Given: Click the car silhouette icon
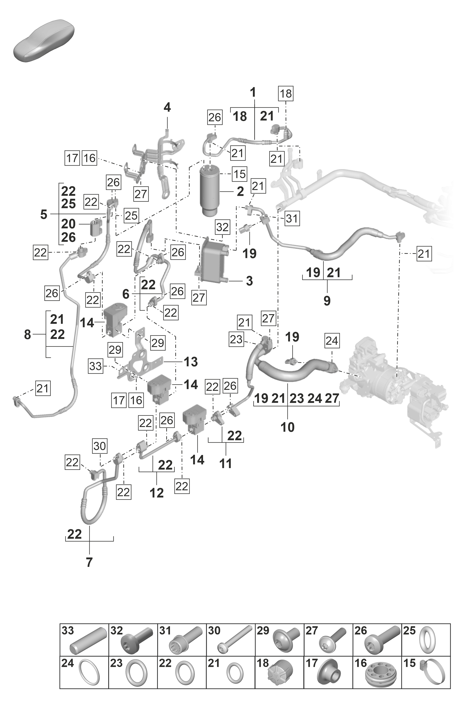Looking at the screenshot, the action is click(44, 41).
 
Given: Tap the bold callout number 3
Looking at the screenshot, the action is click(249, 281).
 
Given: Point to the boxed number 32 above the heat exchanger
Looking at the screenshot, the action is click(223, 227).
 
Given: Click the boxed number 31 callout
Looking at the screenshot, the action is click(292, 218).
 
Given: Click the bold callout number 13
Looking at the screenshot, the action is click(191, 362).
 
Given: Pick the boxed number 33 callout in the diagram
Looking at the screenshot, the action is click(96, 366).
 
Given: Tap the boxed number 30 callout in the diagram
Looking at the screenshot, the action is click(100, 446).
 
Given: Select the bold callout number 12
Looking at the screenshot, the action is click(157, 493).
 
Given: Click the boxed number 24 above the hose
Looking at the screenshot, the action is click(332, 341).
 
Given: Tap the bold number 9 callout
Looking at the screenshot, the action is click(327, 301).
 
